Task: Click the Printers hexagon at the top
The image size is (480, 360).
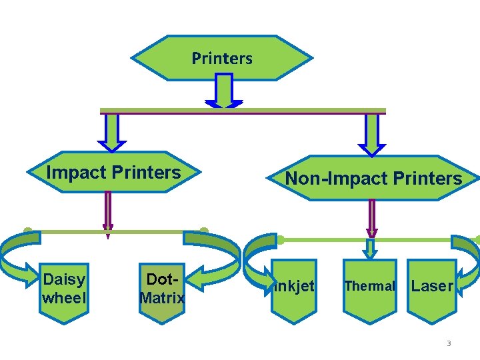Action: point(222,58)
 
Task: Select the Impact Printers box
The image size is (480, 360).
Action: point(113,173)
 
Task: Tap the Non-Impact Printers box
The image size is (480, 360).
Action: point(373,178)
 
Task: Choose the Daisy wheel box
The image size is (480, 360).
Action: point(64,289)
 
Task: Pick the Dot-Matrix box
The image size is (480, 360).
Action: point(162,289)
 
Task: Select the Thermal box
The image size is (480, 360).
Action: point(369,286)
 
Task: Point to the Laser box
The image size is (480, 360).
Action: point(432,286)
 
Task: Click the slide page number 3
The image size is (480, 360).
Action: point(449,343)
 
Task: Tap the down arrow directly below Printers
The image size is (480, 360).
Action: point(224,91)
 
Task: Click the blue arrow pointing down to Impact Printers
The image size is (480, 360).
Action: point(111,132)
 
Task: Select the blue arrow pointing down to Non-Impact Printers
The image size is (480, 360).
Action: point(371,134)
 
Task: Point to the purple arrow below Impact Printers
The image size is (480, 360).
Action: point(108,213)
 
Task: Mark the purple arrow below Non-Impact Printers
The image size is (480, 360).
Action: point(372,217)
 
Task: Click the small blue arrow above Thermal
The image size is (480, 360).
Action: point(371,249)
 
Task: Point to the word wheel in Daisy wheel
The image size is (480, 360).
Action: point(64,298)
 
